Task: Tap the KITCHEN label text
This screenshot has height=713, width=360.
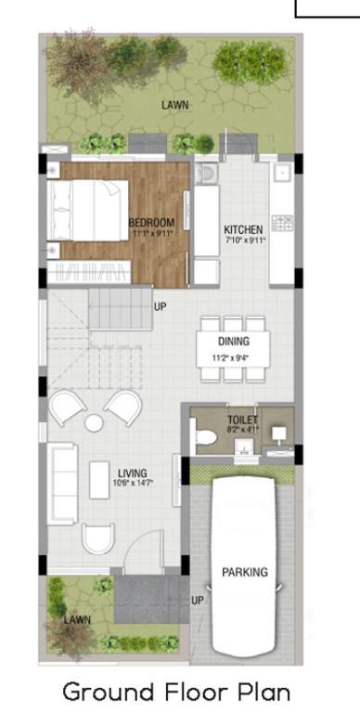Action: click(x=244, y=229)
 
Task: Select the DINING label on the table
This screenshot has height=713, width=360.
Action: click(x=234, y=342)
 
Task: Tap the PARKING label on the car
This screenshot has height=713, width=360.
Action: click(x=244, y=572)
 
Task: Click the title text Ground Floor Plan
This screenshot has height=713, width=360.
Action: click(x=176, y=692)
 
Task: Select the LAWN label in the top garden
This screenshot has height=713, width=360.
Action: click(x=175, y=106)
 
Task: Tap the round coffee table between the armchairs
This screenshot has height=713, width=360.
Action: click(x=94, y=423)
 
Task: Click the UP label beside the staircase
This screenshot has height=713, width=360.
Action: click(x=160, y=305)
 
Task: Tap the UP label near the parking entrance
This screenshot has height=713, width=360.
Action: click(x=197, y=601)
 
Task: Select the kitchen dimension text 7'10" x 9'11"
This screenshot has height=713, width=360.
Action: click(x=244, y=240)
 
